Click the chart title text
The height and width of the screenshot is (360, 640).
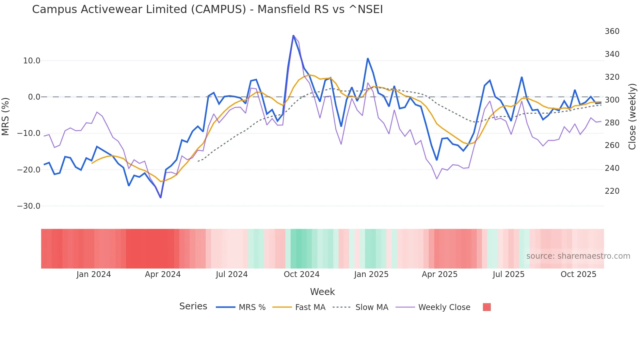coord(207,9)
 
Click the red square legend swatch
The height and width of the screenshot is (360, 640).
coord(487,307)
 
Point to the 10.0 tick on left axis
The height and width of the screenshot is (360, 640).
coord(32,61)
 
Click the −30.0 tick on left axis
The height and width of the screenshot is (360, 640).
coord(29,206)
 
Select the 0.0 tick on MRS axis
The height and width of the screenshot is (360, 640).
coord(34,97)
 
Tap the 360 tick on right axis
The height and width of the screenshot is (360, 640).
coord(612,31)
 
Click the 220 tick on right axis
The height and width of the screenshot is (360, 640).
coord(612,191)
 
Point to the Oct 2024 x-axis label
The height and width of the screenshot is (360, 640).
coord(301,274)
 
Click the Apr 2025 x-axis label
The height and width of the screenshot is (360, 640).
coord(440,274)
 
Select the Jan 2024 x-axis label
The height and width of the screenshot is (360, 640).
coord(94,274)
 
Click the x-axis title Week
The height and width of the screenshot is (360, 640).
coord(322,292)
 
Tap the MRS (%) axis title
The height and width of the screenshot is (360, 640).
coord(6,116)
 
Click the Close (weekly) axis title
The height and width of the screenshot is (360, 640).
coord(632,116)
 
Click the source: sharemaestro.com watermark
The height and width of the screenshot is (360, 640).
coord(578,256)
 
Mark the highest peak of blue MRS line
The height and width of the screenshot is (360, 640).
coord(293,35)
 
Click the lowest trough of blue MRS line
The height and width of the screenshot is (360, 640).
coord(161,198)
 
